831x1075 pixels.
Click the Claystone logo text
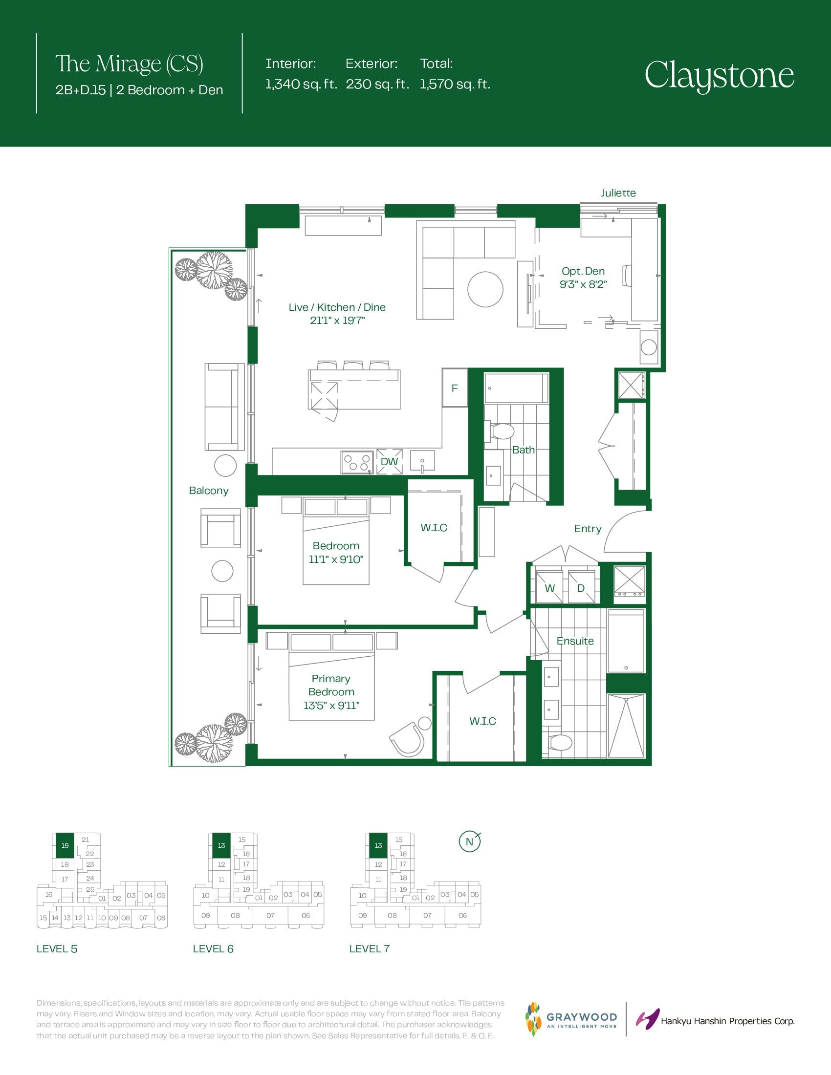pos(719,75)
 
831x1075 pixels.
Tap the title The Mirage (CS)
pos(129,64)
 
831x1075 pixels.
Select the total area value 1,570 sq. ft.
pos(456,84)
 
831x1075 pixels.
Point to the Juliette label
pos(618,193)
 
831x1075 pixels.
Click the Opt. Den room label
pos(583,271)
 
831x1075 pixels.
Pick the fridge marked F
pos(455,388)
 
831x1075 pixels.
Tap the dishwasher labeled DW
pos(390,461)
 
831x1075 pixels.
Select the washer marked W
pos(549,587)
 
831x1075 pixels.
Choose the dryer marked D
pos(581,587)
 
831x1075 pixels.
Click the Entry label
pos(588,529)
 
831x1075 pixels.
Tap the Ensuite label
pos(575,641)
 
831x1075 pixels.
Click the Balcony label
pos(209,491)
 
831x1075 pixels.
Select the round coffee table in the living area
pos(485,289)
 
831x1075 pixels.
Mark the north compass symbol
pos(469,841)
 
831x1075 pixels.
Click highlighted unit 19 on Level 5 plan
pos(65,845)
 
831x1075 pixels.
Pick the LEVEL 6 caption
pos(213,949)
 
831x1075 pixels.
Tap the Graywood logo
pos(571,1019)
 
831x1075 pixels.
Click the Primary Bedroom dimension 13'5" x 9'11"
pos(331,705)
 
